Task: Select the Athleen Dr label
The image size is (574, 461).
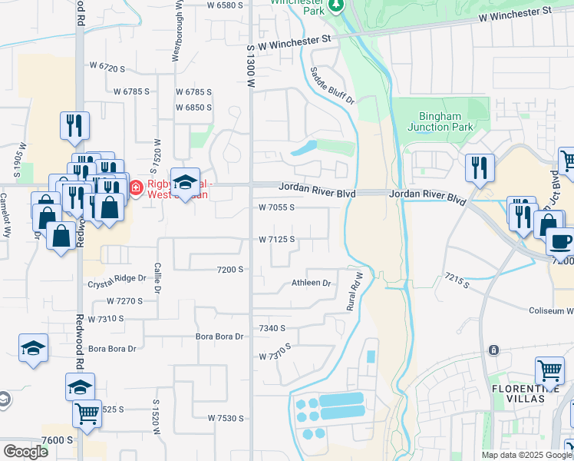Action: point(311,283)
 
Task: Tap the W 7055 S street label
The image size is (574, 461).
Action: point(276,207)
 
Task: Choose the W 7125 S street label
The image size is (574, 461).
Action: point(276,239)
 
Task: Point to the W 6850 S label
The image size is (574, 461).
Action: point(193,107)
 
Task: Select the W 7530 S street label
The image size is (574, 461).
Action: point(225,418)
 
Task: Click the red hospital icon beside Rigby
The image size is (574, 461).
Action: point(136,187)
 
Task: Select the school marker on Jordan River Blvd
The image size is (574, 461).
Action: point(184,182)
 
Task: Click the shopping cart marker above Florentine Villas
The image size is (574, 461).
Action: point(549,371)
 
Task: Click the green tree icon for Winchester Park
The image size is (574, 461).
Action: point(335,6)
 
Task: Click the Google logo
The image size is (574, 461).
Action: point(25,452)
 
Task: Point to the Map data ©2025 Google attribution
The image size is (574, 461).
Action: point(526,455)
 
